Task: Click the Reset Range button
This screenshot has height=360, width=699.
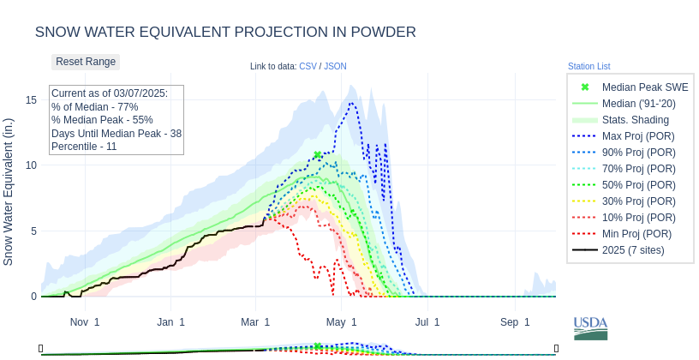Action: point(86,62)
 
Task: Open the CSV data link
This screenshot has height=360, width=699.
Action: point(308,66)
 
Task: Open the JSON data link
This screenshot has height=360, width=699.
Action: point(335,66)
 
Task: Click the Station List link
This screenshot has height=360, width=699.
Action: point(588,66)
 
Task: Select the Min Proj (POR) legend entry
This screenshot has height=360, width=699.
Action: point(636,234)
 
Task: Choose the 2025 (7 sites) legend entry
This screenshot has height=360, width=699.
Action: point(633,250)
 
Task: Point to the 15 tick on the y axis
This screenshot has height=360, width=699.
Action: point(31,99)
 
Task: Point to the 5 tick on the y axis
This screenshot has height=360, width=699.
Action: point(33,231)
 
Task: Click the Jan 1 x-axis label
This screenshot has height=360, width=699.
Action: point(170,322)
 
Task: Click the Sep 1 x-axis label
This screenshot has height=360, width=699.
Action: point(515,322)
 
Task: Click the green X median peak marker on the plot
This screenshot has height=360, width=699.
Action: point(318,155)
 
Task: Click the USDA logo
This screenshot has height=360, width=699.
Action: point(590,327)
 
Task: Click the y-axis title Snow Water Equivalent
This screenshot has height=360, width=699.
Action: point(9,191)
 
